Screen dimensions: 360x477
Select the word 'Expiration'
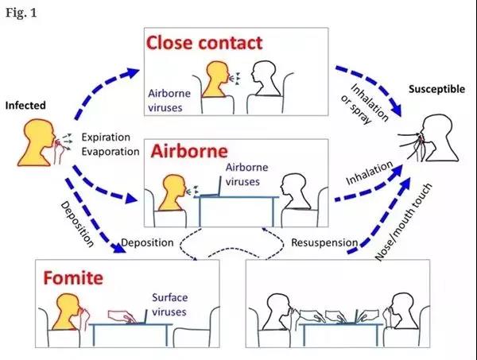pos(107,137)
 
